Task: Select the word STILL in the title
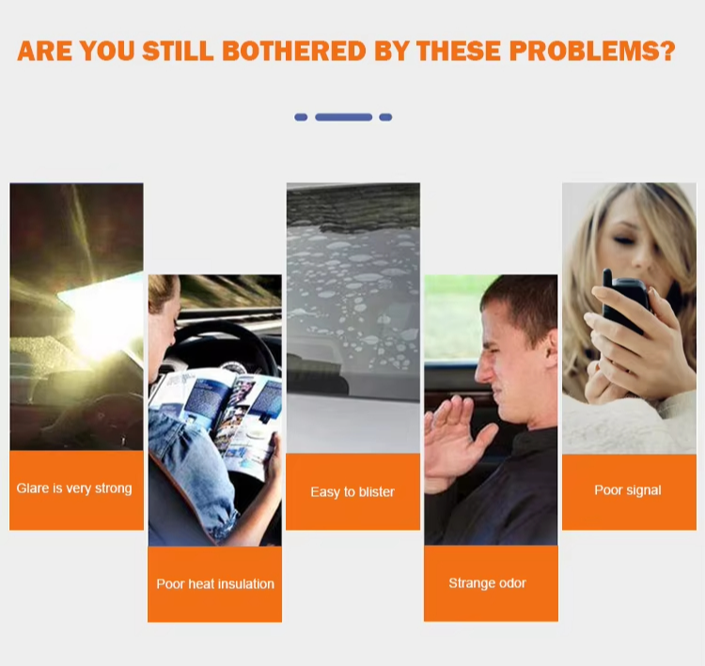178,51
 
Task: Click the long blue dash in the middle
344,117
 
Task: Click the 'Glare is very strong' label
74,488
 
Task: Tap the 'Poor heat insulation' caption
215,583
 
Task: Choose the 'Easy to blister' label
352,491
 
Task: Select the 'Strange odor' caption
487,582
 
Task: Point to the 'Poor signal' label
628,489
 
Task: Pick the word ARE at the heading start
44,51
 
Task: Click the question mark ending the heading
667,51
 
